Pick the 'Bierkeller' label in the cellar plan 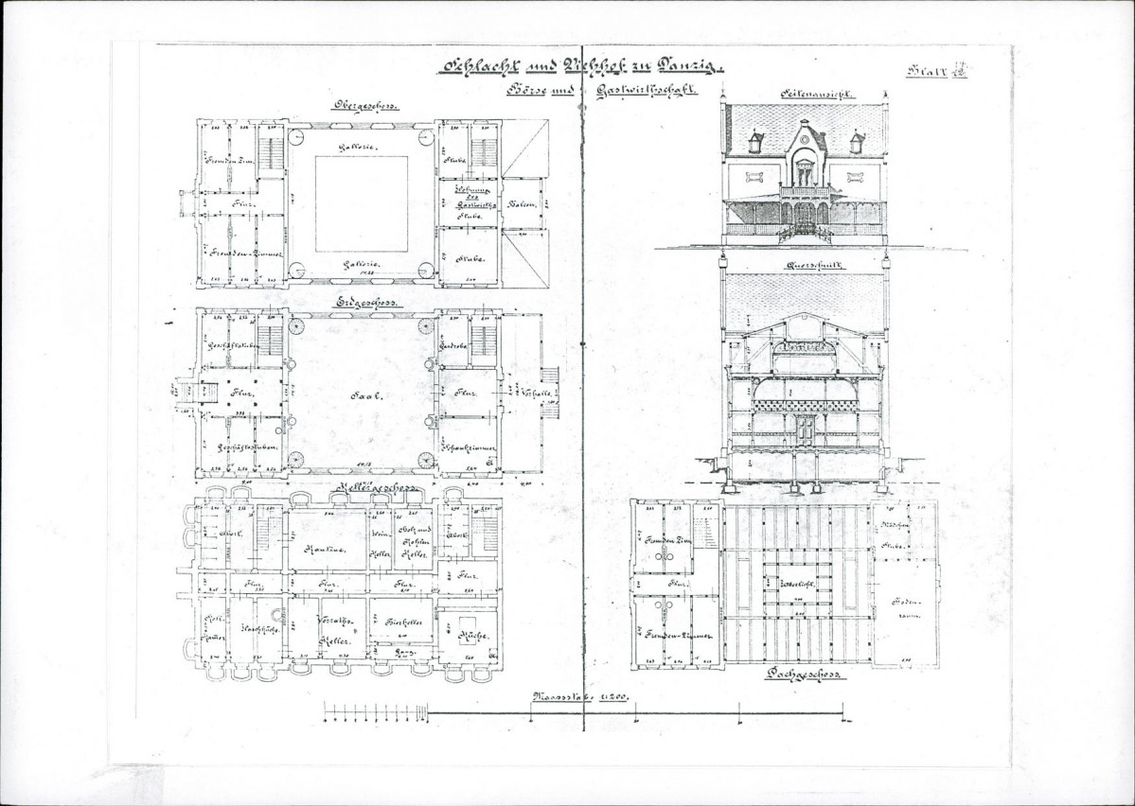pos(404,624)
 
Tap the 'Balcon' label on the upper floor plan pos(526,205)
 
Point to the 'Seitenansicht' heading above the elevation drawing pos(805,95)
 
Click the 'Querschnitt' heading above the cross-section pos(805,268)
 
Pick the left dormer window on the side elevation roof pos(755,143)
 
